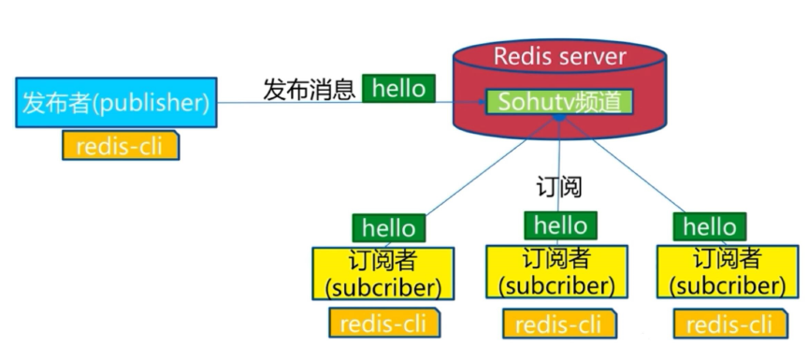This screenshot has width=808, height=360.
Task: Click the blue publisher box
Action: (113, 103)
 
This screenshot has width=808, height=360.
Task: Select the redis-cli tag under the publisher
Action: (119, 146)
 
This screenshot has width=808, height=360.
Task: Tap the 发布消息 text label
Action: (309, 90)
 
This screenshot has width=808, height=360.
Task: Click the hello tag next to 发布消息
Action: (398, 89)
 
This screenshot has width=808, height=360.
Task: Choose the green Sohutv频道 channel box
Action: (557, 101)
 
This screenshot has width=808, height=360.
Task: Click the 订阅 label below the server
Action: (559, 186)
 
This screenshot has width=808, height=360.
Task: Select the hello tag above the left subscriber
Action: (387, 227)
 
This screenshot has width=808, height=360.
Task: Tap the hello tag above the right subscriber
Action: (709, 225)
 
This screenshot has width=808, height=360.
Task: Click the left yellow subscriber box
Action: (384, 273)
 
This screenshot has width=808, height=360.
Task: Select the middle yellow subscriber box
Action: (557, 271)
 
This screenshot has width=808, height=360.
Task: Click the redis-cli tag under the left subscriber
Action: (384, 323)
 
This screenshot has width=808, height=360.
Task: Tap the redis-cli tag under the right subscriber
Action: (729, 324)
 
